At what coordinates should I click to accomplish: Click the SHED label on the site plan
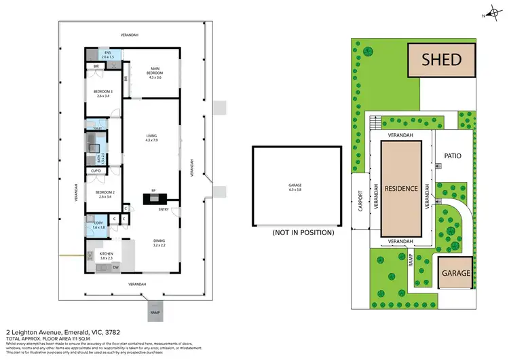pyautogui.click(x=442, y=59)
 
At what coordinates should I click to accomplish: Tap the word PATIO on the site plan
pyautogui.click(x=453, y=156)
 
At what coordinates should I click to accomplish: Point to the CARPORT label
pyautogui.click(x=359, y=202)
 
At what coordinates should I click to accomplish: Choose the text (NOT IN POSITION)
pyautogui.click(x=303, y=232)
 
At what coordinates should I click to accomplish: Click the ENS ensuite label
pyautogui.click(x=108, y=54)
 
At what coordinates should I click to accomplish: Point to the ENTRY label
pyautogui.click(x=164, y=209)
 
